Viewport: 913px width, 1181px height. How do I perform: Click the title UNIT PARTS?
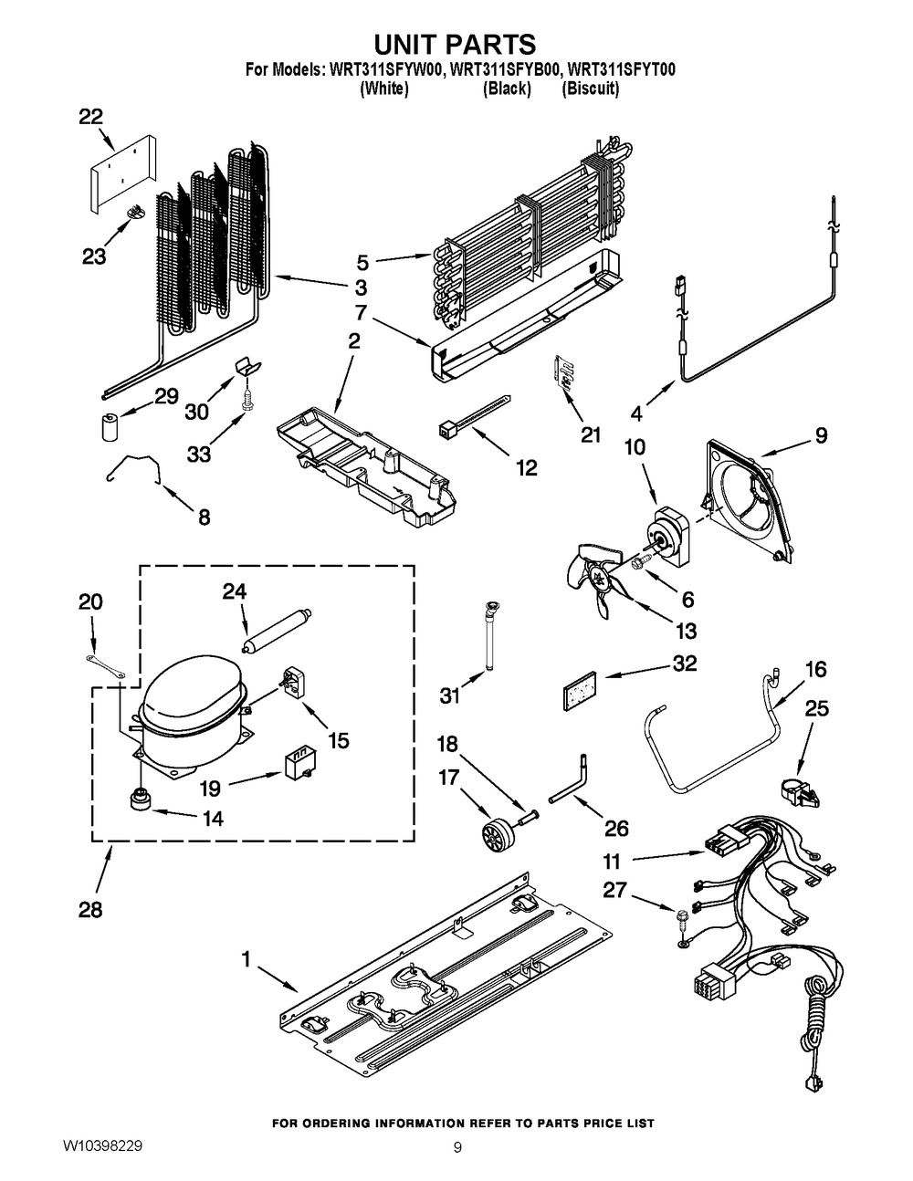point(456,43)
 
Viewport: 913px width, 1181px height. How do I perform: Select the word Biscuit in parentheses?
point(591,89)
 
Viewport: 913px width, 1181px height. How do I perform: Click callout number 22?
point(90,117)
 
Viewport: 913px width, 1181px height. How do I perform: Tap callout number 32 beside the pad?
point(684,664)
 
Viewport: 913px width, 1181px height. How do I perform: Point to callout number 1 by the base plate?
point(245,959)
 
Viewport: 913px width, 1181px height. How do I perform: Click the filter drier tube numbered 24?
point(276,630)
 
